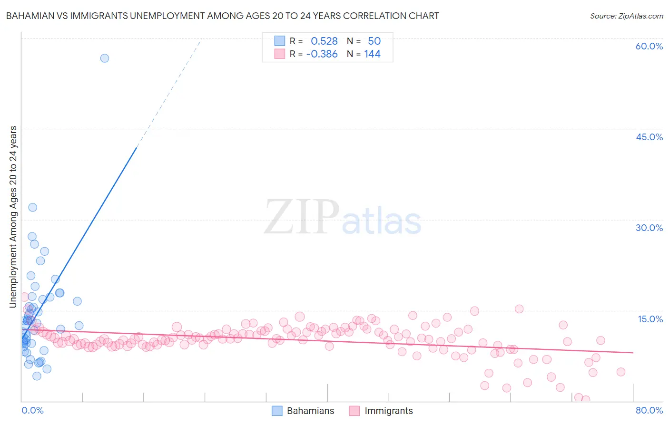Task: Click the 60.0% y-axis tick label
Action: pyautogui.click(x=649, y=46)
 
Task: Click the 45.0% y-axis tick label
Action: pyautogui.click(x=649, y=137)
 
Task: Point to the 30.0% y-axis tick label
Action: pyautogui.click(x=649, y=228)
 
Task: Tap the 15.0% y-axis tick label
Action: pyautogui.click(x=650, y=319)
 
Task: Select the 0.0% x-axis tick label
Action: pyautogui.click(x=32, y=410)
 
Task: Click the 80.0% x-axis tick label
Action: pyautogui.click(x=649, y=410)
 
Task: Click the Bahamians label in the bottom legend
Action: pyautogui.click(x=310, y=411)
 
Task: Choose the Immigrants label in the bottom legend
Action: pyautogui.click(x=389, y=411)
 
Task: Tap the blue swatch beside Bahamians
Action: pyautogui.click(x=277, y=411)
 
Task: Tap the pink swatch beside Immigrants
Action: pyautogui.click(x=354, y=411)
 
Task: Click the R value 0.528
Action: pyautogui.click(x=324, y=41)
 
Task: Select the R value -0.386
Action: pyautogui.click(x=322, y=54)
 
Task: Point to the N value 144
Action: pyautogui.click(x=372, y=54)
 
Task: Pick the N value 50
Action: pyautogui.click(x=374, y=41)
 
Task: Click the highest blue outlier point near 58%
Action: pyautogui.click(x=105, y=58)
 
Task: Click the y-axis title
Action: pyautogui.click(x=13, y=217)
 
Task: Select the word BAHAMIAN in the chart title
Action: pyautogui.click(x=30, y=16)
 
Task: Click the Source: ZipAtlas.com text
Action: pyautogui.click(x=626, y=16)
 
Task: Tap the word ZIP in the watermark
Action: pyautogui.click(x=302, y=217)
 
